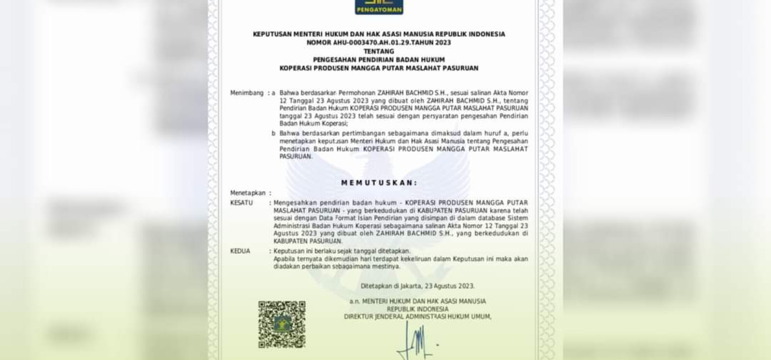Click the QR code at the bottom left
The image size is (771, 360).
tap(282, 324)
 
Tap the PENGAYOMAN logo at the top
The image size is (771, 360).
tap(379, 6)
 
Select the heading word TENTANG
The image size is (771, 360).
tap(378, 51)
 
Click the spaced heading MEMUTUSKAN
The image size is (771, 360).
tap(379, 183)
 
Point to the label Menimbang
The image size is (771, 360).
tap(247, 93)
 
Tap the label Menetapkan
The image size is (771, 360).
tap(248, 193)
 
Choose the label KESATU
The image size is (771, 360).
tap(242, 203)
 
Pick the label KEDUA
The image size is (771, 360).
tap(241, 251)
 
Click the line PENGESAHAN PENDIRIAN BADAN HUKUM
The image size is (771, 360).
tap(379, 59)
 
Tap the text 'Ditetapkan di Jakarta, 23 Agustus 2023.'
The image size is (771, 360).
tap(417, 286)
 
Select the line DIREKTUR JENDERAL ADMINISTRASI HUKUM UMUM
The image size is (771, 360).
tap(417, 317)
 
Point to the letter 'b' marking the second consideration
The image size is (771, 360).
tap(273, 133)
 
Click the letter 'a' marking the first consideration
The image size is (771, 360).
tap(273, 93)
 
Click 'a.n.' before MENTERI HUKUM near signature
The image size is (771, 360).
tap(354, 301)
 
